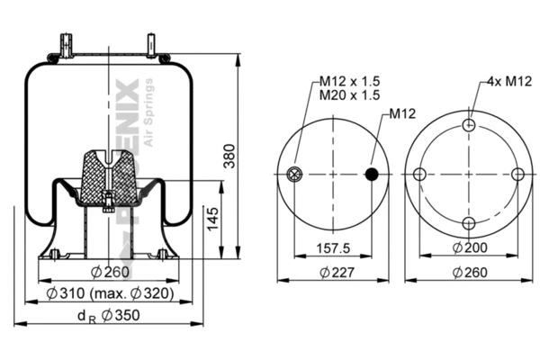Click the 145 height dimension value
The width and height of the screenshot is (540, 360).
(212, 217)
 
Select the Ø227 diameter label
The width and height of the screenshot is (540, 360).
(335, 273)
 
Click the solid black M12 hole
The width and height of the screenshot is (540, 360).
(373, 174)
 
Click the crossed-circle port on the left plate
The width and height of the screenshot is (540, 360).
(293, 175)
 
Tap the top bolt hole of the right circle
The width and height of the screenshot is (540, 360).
(468, 126)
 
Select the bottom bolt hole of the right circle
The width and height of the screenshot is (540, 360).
(468, 223)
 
